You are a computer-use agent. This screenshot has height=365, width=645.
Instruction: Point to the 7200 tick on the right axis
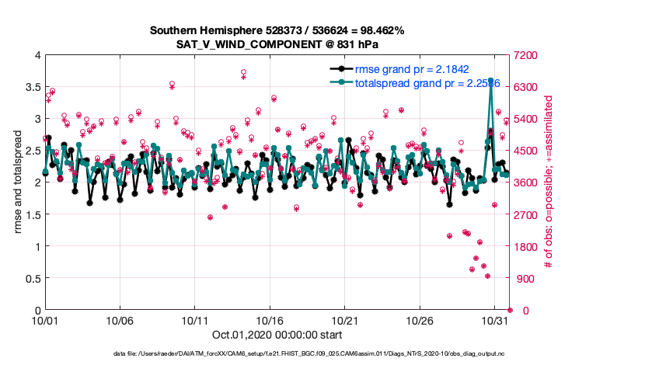526,55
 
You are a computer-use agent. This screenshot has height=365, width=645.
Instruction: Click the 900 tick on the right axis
524,279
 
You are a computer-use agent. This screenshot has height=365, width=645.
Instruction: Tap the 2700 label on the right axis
526,215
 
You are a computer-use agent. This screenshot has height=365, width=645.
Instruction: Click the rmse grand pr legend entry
411,69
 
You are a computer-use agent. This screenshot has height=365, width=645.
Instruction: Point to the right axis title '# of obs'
549,182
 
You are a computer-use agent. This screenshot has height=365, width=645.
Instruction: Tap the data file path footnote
321,354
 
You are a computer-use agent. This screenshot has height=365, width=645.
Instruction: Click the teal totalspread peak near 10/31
490,80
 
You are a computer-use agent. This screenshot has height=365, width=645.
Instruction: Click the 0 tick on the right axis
517,311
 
